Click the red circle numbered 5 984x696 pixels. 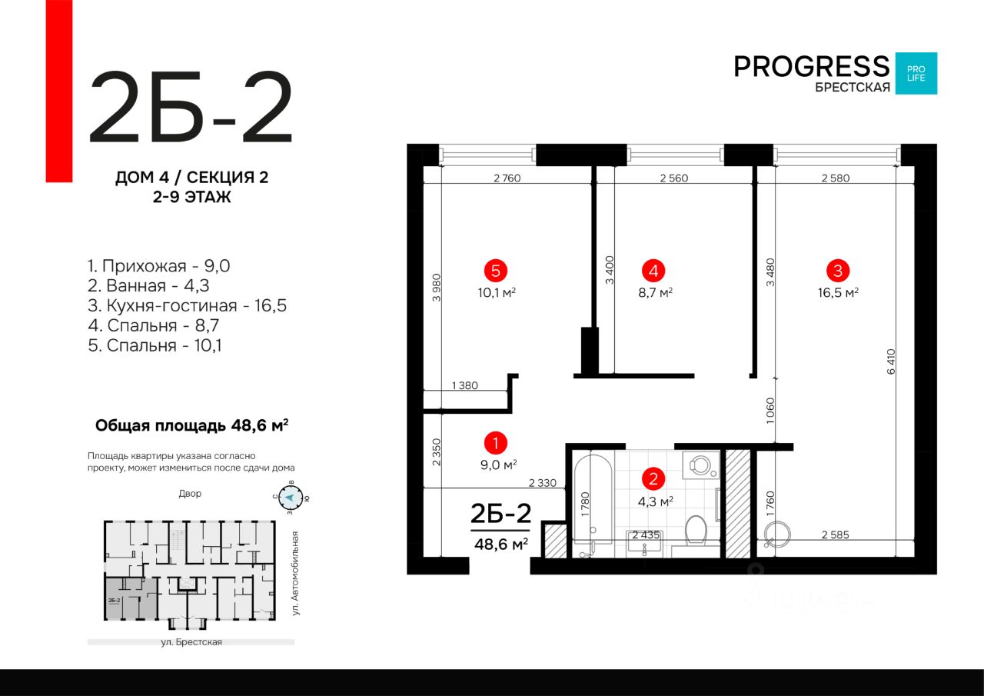(496, 271)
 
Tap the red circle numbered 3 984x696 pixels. (838, 271)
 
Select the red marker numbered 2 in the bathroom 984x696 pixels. (653, 479)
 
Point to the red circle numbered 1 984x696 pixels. (496, 443)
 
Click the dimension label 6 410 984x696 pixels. (891, 361)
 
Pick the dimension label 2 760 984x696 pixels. (507, 178)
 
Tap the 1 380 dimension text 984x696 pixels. (465, 385)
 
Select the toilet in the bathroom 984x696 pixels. (696, 530)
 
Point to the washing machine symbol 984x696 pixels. (700, 465)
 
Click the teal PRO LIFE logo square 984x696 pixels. (916, 73)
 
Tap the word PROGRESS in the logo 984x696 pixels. (811, 67)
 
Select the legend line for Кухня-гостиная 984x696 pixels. (187, 305)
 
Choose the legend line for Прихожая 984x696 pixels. (158, 266)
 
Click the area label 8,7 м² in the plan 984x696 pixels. (656, 293)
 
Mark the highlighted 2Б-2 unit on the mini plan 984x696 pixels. (131, 599)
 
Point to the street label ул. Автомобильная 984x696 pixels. (295, 574)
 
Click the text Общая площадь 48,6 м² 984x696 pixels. (192, 425)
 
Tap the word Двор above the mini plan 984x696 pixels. (190, 494)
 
